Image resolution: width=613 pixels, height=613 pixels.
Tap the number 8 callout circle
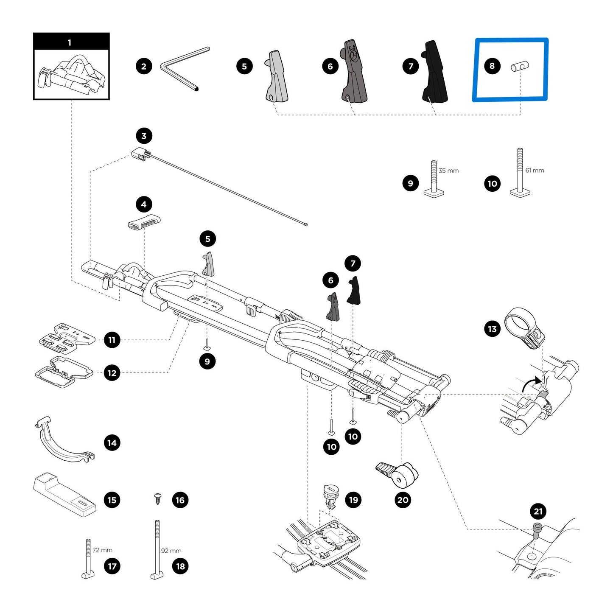pos(492,66)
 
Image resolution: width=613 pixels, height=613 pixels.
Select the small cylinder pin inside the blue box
pos(520,67)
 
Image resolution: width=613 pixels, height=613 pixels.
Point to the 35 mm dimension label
pos(448,171)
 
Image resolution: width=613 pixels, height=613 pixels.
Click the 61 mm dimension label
pos(535,170)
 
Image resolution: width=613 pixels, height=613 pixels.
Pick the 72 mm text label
pos(102,550)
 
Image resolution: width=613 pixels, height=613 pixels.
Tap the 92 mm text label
pos(171,551)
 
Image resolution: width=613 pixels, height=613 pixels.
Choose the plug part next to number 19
pos(330,496)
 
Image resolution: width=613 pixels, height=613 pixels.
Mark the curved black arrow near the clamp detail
pos(530,384)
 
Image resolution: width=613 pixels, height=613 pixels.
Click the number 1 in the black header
pos(70,42)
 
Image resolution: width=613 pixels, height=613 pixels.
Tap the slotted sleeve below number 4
pos(144,222)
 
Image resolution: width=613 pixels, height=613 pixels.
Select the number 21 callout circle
pos(538,511)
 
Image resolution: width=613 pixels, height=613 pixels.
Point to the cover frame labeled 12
pos(64,372)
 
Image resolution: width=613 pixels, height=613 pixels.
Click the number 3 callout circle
pos(144,136)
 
